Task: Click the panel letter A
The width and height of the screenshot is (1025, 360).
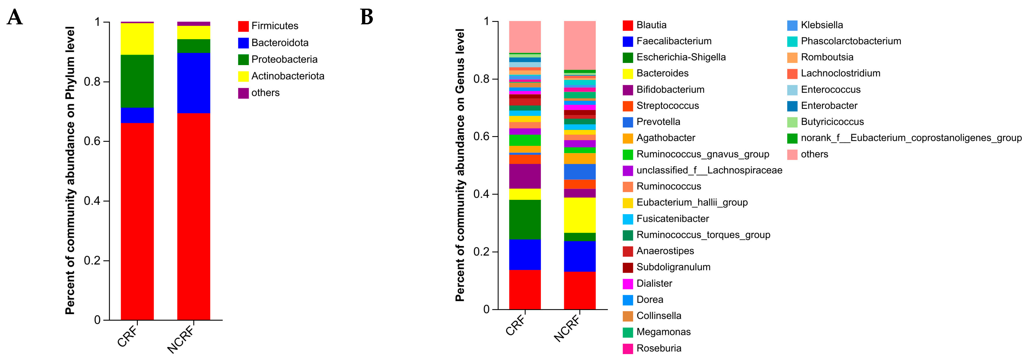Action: coord(15,18)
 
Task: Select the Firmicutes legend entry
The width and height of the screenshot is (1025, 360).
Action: coord(274,26)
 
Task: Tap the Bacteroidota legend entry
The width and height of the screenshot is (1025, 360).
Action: coord(279,43)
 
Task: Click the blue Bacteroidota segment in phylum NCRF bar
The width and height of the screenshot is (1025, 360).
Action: coord(193,83)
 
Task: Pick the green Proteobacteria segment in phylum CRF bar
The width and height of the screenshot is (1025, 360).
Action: coord(137,81)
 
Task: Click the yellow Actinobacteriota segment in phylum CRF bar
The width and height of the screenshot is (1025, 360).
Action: coord(137,39)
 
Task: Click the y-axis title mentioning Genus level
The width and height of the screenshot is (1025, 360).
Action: coord(460,165)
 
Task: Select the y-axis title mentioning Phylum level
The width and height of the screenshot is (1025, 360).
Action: coord(70,170)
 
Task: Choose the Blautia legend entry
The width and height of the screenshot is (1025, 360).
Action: coord(651,25)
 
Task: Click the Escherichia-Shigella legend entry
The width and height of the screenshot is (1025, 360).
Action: coord(681,57)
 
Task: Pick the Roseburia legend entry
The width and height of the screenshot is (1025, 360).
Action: coord(659,348)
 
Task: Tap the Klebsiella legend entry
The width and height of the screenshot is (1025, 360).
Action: coord(821,25)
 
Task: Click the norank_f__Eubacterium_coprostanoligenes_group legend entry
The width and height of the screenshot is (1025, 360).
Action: coord(910,138)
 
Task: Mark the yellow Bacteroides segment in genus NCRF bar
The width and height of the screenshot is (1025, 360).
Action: coord(580,215)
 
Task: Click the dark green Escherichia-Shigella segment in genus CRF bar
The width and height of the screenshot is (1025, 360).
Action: coord(525,219)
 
